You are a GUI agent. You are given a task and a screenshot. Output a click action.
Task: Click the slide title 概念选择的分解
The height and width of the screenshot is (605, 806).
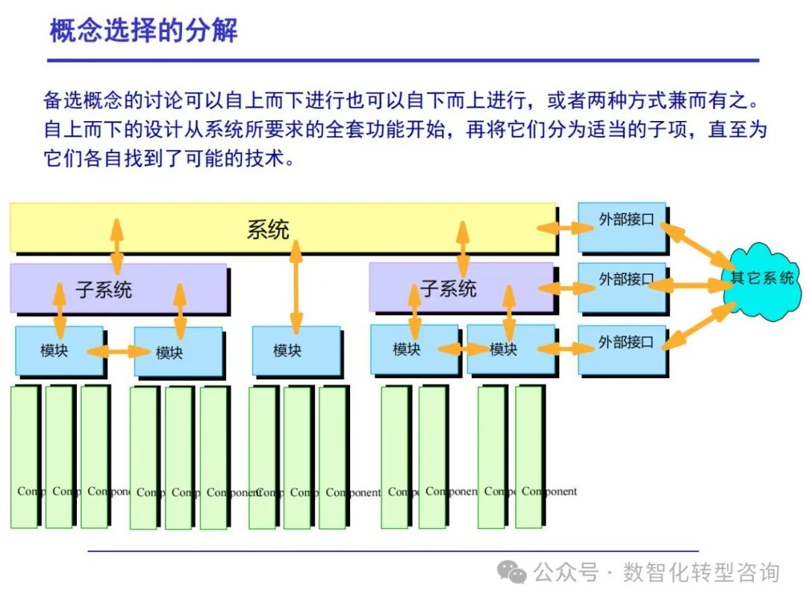(144, 31)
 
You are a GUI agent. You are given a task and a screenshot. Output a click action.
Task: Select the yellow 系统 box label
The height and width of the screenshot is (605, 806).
(268, 229)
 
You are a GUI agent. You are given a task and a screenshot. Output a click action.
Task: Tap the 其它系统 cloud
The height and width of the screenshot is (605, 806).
(761, 279)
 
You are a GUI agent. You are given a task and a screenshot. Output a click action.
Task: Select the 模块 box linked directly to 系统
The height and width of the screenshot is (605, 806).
(296, 350)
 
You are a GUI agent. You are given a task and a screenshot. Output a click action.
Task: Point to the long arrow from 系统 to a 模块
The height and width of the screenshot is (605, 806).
(296, 288)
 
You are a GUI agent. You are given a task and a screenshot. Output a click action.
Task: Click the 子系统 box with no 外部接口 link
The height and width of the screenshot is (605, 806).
(118, 288)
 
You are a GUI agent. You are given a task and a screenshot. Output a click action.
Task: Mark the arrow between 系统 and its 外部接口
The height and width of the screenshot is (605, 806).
(567, 226)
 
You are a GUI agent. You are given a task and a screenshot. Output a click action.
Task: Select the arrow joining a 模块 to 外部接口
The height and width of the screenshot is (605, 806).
(567, 348)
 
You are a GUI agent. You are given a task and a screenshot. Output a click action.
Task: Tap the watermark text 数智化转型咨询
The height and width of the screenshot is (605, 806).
(701, 573)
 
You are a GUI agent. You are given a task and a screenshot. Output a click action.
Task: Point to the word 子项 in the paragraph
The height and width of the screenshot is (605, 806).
(659, 129)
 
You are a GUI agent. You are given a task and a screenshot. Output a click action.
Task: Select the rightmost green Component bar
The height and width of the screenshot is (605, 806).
(529, 456)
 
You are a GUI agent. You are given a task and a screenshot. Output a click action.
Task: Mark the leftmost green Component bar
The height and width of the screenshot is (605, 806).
(24, 456)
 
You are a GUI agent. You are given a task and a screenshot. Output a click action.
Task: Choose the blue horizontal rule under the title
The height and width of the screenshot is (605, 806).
(403, 60)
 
